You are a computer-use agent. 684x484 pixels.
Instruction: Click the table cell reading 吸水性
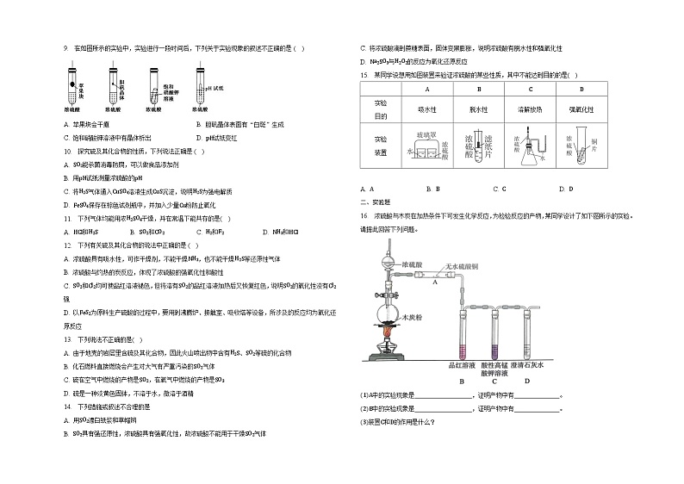[x=427, y=109]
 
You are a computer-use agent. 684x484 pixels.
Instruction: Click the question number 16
[x=364, y=215]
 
